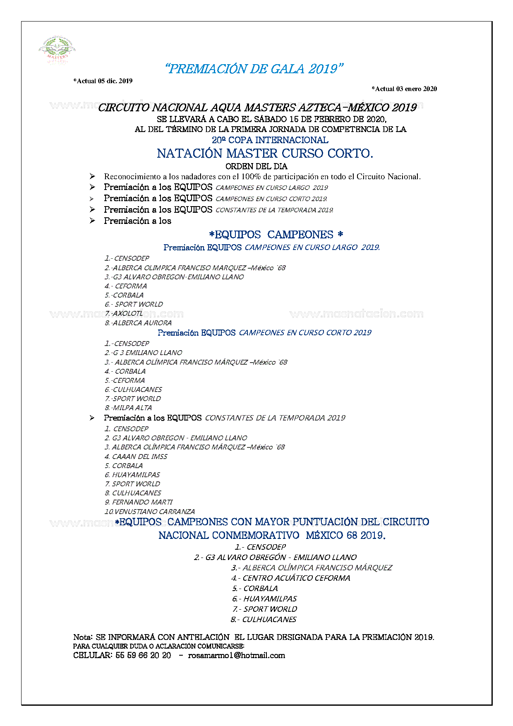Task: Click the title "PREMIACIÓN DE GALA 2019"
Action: [254, 69]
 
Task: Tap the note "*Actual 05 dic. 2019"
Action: [103, 81]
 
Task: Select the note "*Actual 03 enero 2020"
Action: [404, 89]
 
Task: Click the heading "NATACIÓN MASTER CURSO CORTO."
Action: [265, 154]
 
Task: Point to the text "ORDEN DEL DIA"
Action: [256, 166]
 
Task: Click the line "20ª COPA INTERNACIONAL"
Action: [270, 140]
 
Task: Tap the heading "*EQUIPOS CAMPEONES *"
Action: [276, 235]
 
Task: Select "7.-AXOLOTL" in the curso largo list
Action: [124, 313]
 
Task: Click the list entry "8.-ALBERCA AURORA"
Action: [138, 323]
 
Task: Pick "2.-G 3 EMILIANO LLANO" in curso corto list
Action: [143, 353]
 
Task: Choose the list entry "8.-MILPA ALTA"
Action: [128, 408]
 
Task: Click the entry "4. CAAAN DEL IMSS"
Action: [136, 457]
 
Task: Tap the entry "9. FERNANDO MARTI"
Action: [139, 502]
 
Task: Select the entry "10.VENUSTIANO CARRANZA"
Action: [150, 512]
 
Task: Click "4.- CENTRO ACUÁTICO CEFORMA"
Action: [290, 578]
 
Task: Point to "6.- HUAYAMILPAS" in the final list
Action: [264, 599]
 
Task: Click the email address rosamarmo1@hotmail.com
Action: [237, 655]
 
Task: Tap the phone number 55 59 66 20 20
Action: [143, 655]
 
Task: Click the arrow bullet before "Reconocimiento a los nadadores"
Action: [92, 176]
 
